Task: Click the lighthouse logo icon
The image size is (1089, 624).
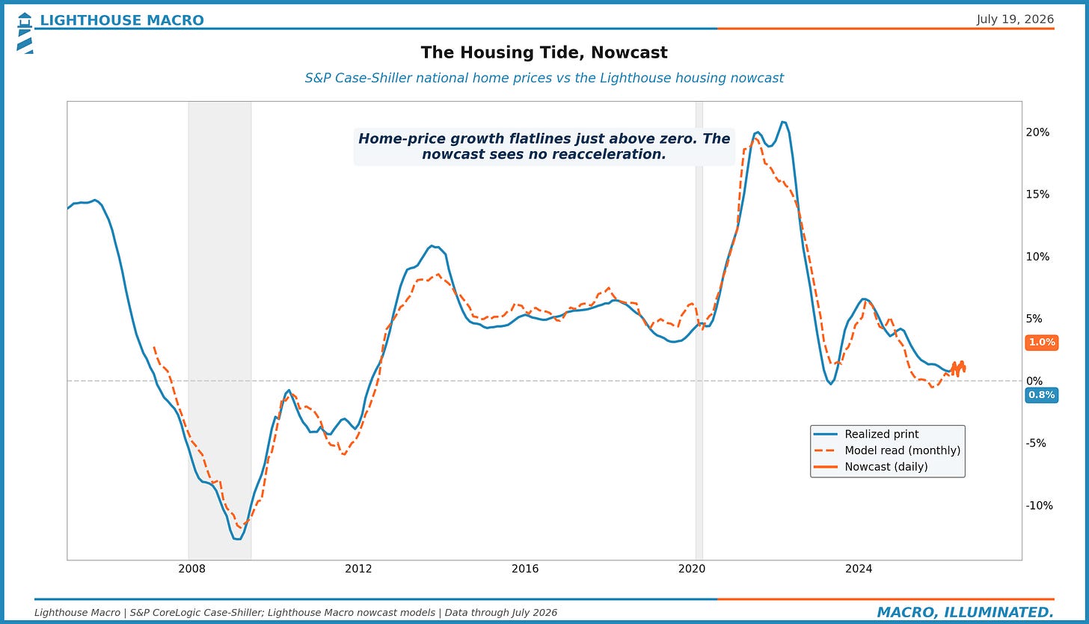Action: pos(25,33)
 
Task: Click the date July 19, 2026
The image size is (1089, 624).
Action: pos(1015,19)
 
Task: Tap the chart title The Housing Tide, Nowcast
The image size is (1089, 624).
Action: pos(544,52)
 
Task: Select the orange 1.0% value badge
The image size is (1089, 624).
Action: pos(1042,343)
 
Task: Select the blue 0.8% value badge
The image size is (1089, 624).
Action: pos(1042,395)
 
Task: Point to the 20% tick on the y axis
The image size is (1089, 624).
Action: pos(1037,132)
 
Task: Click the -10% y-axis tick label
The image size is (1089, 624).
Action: pos(1040,505)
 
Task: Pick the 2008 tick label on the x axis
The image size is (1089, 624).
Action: pos(191,569)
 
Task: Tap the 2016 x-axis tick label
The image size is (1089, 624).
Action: pos(525,569)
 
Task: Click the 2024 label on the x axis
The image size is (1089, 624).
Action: pos(859,569)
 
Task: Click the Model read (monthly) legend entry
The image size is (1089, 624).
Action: pos(887,450)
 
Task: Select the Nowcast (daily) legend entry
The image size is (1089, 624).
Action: pos(871,467)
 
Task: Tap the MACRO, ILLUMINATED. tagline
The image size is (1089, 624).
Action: pos(966,612)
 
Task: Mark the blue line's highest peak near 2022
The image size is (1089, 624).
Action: pos(782,122)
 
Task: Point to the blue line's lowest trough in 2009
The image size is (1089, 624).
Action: pos(238,539)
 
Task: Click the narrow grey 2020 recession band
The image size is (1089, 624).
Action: pos(699,331)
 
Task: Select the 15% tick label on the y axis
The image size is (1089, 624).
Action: pos(1037,195)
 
